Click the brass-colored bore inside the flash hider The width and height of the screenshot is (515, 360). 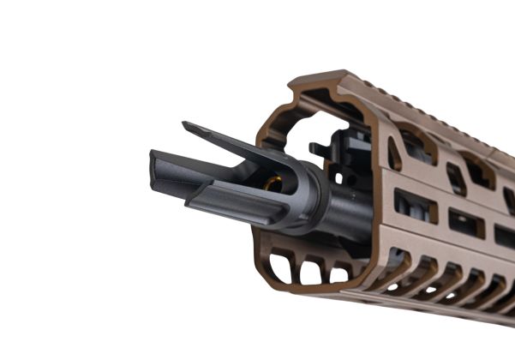click(273, 183)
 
